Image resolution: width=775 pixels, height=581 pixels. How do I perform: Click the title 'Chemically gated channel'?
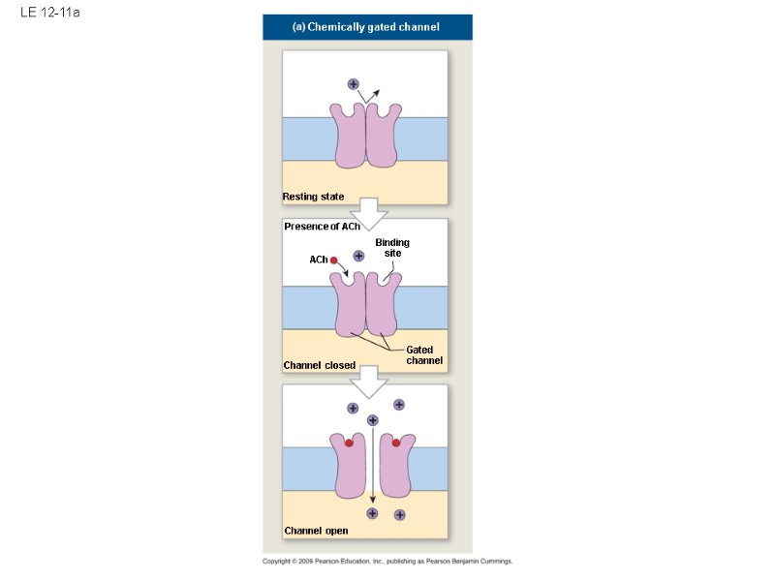366,27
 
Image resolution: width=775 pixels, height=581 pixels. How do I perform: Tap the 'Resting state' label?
313,197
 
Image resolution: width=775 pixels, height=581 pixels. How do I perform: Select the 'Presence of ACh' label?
322,227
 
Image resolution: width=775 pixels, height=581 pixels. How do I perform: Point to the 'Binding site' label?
392,247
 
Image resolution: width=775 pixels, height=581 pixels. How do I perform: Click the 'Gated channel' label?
423,354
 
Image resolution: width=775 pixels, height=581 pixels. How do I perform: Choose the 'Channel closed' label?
319,365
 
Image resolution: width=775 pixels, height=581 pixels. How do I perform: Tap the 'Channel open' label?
316,531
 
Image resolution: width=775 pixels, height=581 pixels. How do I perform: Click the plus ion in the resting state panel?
353,85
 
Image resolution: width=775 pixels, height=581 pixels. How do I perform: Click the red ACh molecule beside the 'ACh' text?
333,260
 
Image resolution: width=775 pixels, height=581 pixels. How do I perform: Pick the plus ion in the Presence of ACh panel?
358,256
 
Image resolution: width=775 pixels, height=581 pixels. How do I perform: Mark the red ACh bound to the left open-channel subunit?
349,443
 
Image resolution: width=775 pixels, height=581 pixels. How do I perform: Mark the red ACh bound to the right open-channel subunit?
396,443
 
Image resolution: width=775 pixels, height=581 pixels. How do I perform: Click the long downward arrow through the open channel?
373,465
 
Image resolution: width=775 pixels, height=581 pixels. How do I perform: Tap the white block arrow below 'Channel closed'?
368,384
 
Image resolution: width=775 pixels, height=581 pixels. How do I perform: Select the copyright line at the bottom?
387,562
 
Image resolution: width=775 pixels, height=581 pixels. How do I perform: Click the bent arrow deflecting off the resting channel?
369,94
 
